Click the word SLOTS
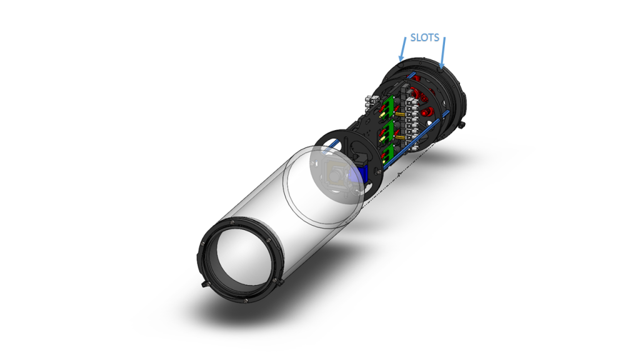click(x=424, y=37)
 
